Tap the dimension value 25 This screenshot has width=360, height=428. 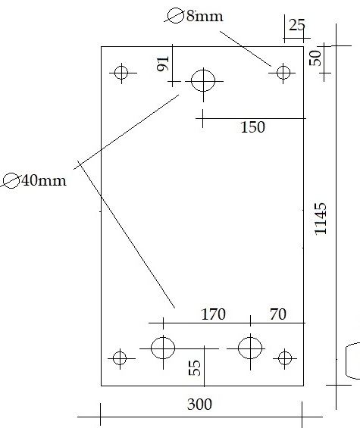click(x=296, y=25)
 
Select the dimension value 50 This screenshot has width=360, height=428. click(x=315, y=58)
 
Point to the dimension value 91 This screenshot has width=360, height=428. click(x=164, y=64)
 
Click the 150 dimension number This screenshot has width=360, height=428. click(x=252, y=127)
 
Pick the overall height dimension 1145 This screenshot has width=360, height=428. click(x=321, y=219)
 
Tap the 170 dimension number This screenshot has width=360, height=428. click(x=213, y=314)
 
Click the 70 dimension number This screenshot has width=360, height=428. click(x=278, y=314)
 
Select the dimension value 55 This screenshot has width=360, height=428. click(x=195, y=368)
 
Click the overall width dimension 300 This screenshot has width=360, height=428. click(x=199, y=405)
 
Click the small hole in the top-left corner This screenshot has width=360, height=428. click(x=121, y=73)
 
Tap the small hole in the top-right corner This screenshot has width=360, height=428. click(x=283, y=73)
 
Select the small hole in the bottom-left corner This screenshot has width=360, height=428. click(x=120, y=358)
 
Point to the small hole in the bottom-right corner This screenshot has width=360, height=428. click(x=285, y=358)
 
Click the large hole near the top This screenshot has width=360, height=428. click(x=203, y=81)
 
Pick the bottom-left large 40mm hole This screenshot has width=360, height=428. click(x=163, y=348)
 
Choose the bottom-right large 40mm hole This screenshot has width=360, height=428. click(x=250, y=348)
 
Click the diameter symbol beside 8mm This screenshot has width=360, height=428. click(x=175, y=16)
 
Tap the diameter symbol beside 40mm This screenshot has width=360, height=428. click(x=11, y=181)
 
